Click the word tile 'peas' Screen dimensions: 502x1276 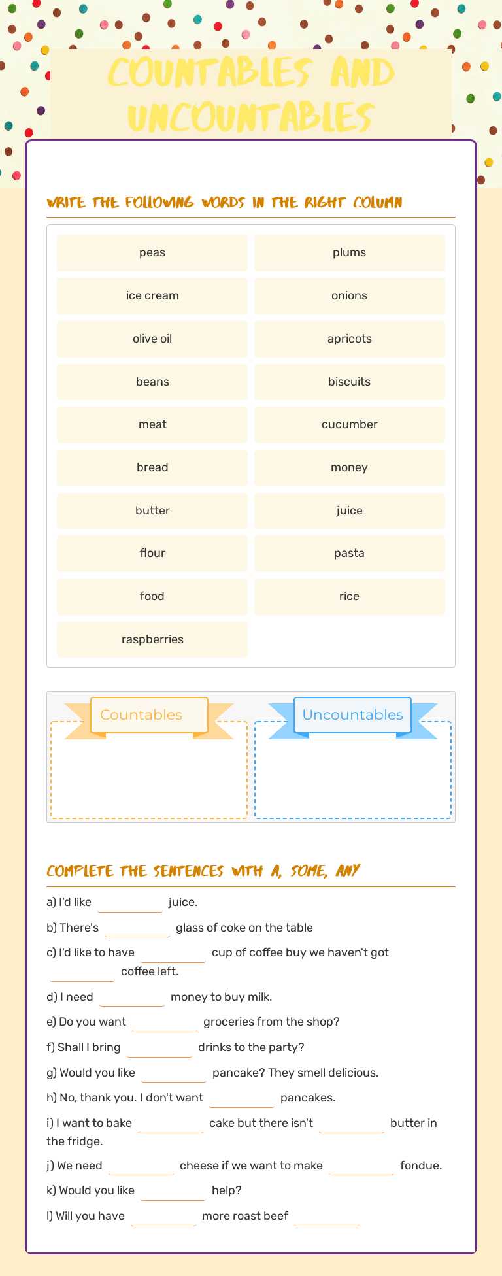point(152,253)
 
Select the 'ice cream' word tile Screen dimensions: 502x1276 point(152,295)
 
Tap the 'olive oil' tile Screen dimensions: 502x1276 point(152,339)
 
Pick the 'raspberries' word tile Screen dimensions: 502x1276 point(152,639)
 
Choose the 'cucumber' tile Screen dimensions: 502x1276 point(350,424)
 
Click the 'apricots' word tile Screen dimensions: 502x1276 point(350,339)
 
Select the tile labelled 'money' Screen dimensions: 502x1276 point(350,467)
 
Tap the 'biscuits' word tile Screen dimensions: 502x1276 point(350,382)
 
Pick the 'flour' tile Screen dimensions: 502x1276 point(152,553)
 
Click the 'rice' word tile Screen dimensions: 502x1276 point(350,596)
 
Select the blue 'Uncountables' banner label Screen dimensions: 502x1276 point(353,715)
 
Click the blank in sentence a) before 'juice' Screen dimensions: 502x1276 point(130,903)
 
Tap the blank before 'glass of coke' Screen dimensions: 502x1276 point(137,928)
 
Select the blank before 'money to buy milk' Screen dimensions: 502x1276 point(132,998)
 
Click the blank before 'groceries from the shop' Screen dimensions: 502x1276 point(165,1022)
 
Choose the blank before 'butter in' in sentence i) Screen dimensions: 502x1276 point(352,1124)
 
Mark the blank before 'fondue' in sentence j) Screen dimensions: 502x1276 point(361,1166)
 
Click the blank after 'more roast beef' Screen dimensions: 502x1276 point(327,1217)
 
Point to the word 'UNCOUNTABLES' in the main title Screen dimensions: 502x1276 point(251,118)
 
